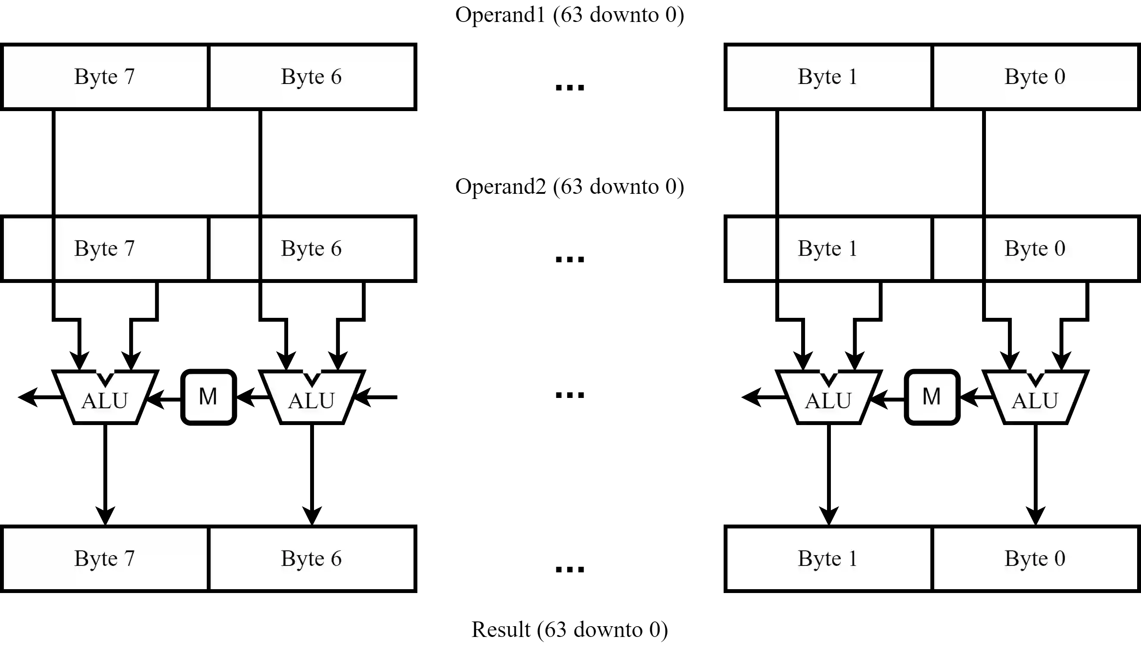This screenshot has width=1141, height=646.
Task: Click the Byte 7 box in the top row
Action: click(105, 77)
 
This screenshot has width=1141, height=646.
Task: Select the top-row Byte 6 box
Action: click(312, 77)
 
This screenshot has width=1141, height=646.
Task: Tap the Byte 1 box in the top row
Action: click(828, 77)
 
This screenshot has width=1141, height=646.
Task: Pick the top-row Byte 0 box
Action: click(1035, 77)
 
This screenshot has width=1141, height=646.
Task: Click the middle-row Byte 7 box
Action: click(131, 248)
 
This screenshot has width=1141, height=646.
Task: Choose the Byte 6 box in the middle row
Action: click(338, 248)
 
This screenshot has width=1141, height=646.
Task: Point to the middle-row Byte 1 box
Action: click(855, 248)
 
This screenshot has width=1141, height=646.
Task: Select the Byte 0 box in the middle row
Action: click(1061, 248)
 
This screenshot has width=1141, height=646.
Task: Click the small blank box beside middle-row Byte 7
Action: click(28, 248)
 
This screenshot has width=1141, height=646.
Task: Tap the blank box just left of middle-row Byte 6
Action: click(234, 248)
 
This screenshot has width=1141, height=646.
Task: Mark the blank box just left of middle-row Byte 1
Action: click(751, 248)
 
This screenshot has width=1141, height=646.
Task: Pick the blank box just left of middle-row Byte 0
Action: click(958, 248)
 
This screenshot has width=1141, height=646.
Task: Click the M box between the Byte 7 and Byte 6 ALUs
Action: click(208, 397)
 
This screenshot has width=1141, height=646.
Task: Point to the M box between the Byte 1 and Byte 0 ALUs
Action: click(932, 397)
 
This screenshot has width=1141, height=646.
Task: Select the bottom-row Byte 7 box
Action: click(105, 559)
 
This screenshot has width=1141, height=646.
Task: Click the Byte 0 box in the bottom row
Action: click(1035, 559)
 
